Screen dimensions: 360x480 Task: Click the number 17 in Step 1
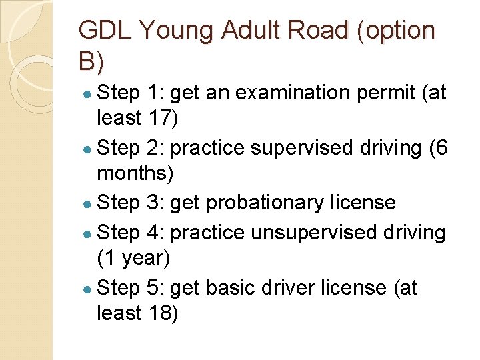tap(157, 118)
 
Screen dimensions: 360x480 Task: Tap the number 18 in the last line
tap(157, 313)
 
